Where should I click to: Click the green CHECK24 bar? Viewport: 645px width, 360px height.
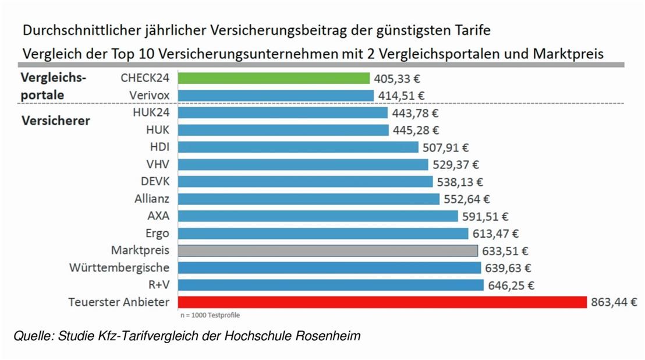274,78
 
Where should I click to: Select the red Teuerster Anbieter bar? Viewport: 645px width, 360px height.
382,302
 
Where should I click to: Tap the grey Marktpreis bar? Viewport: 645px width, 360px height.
328,250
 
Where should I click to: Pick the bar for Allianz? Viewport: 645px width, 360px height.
309,199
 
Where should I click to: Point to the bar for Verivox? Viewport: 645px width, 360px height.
276,96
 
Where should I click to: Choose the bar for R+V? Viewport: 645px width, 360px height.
331,285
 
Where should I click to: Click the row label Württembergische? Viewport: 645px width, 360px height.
119,268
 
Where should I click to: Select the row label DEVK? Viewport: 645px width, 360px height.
155,182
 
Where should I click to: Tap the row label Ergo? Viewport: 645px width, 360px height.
158,234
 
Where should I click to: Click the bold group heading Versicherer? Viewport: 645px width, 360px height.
56,121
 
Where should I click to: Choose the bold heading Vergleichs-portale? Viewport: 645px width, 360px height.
54,86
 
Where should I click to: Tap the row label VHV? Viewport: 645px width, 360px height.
159,164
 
